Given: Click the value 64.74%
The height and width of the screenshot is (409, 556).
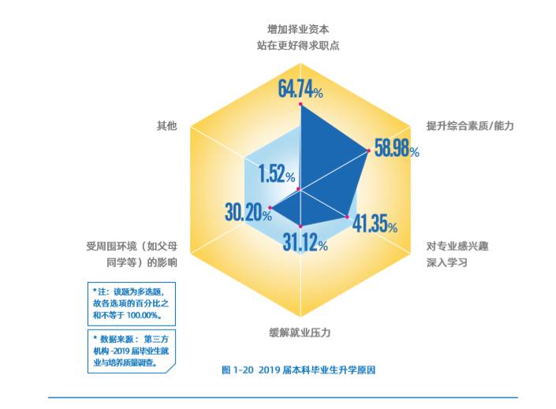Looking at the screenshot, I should point(300,88).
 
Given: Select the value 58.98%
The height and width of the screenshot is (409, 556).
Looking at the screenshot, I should point(396,150).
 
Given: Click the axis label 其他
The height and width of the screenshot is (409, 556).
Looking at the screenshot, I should point(167,125).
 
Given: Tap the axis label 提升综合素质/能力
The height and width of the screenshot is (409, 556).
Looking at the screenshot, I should point(469,125).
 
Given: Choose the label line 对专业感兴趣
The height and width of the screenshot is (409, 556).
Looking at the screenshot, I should point(457,246).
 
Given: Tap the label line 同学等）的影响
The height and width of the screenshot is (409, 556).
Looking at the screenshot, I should point(141,262).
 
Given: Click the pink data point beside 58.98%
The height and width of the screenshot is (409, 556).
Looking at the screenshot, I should point(369,151).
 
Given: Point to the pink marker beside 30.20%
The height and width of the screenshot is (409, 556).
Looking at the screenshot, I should point(271,208).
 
